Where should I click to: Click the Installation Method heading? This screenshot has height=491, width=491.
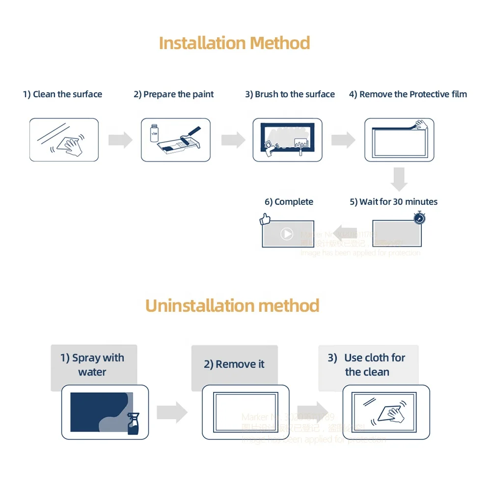pos(234,43)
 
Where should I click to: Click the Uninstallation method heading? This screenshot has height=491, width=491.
pos(232,306)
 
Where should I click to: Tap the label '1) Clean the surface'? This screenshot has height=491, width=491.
pos(62,94)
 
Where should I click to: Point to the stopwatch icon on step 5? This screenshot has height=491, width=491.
pos(419,218)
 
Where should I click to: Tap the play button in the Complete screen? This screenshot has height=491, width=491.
pos(287,234)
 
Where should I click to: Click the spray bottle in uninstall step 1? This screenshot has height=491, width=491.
pos(133,423)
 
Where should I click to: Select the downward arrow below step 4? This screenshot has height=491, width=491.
pos(399,179)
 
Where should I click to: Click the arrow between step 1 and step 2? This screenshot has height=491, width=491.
pos(120,140)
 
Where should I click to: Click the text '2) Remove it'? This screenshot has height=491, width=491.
pos(234,364)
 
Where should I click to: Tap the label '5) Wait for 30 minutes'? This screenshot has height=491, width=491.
pos(393,202)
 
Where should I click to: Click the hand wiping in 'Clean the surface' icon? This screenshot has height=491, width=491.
pos(71,144)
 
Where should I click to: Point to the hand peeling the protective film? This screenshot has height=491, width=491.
pos(421,125)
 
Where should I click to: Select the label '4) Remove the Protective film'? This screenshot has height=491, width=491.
pos(408,94)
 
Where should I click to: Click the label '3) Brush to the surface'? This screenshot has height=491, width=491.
pos(290,94)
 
